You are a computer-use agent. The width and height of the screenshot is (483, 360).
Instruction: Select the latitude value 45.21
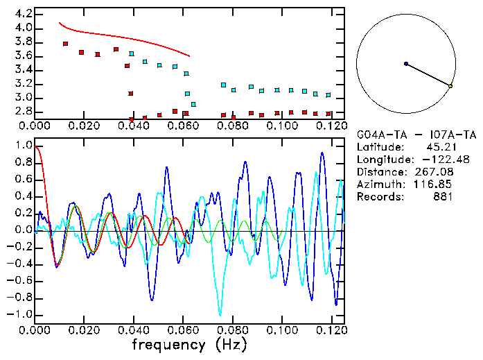[x=439, y=147]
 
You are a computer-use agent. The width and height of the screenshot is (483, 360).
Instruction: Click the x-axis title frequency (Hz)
[x=188, y=344]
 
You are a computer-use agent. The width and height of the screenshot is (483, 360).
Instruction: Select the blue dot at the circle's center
[x=406, y=64]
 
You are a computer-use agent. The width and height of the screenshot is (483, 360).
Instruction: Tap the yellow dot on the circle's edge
[x=450, y=86]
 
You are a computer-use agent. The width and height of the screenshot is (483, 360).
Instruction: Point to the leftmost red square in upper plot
[x=65, y=44]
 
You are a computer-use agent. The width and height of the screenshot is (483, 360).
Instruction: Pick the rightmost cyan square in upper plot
[x=328, y=95]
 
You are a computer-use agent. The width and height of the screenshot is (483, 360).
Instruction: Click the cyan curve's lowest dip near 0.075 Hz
[x=220, y=314]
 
